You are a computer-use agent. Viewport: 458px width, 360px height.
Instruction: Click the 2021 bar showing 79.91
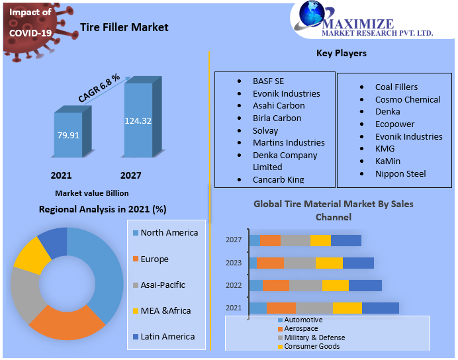(69, 135)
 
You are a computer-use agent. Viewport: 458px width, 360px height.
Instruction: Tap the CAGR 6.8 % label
(99, 87)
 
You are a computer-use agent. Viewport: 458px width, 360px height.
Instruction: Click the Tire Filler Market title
(124, 27)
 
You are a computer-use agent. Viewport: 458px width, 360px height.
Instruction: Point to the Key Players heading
(342, 53)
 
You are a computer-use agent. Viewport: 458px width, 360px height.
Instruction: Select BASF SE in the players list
(268, 81)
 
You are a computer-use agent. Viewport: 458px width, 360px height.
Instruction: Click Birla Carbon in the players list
(277, 118)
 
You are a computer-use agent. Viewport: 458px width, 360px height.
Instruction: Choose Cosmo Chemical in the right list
(407, 99)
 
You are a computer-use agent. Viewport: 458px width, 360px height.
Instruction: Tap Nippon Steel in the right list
(400, 173)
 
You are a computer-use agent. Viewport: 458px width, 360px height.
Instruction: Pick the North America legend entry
(169, 233)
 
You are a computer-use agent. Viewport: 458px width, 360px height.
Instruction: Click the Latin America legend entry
(167, 336)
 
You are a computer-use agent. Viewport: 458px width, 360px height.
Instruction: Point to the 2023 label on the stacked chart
(234, 262)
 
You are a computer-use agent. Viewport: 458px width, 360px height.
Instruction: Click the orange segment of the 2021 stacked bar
(281, 308)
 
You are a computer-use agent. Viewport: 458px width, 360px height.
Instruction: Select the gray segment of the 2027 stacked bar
(295, 240)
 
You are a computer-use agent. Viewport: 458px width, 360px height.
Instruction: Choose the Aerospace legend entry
(301, 329)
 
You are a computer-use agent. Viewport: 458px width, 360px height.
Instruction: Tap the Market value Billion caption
(91, 193)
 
